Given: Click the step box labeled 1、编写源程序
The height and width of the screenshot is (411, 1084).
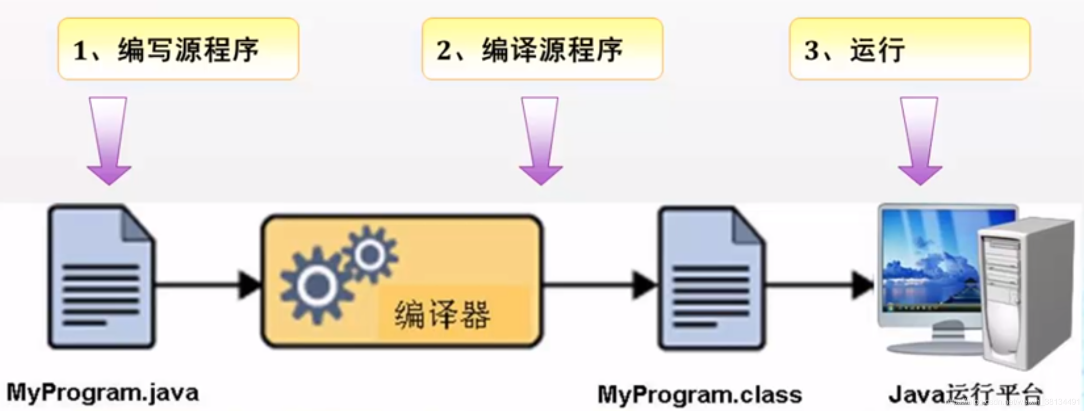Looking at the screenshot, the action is click(178, 49).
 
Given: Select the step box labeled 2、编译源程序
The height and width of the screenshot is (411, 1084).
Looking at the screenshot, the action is click(542, 49).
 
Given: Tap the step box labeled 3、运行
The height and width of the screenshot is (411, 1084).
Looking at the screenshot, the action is click(909, 49).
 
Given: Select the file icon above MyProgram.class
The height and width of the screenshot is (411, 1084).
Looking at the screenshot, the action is click(711, 279).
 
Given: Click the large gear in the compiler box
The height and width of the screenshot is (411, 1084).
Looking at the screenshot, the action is click(316, 286).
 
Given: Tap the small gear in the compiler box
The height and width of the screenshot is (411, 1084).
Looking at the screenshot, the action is click(370, 255).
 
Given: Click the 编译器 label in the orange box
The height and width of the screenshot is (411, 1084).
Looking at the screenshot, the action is click(442, 314).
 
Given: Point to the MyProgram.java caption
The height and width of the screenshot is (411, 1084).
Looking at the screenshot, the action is click(103, 393).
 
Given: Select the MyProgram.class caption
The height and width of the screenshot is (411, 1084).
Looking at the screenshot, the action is click(699, 395).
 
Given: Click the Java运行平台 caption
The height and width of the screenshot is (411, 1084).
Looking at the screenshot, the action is click(966, 395).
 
